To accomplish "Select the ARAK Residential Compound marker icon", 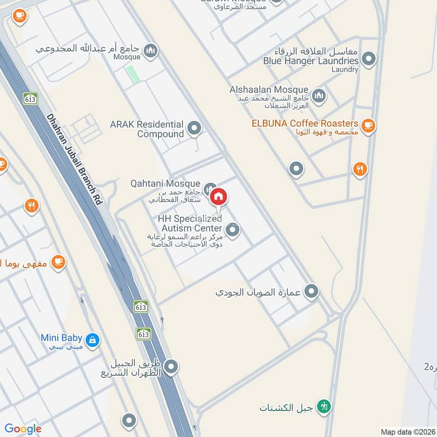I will (194, 129).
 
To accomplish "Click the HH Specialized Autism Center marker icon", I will (233, 231).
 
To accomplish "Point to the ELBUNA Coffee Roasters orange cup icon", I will (368, 126).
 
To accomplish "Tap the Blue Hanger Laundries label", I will (310, 61).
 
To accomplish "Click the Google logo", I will (22, 429).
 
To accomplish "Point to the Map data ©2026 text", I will (407, 432).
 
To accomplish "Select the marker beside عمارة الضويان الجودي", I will (311, 291).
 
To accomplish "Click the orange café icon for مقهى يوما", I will (58, 263).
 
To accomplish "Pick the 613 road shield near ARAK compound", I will (29, 99).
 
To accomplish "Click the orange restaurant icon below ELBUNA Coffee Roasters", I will (359, 169).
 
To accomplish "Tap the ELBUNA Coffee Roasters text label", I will (305, 123).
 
